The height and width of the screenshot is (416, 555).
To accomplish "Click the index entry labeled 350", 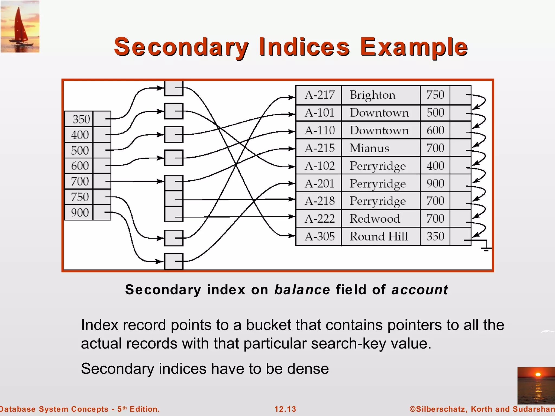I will [81, 119].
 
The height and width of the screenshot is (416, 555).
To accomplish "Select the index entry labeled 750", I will [80, 197].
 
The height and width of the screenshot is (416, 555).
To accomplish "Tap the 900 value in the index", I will [80, 213].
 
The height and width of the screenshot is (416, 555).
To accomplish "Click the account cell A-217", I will [320, 95].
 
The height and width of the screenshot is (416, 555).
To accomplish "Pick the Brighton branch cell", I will [372, 95].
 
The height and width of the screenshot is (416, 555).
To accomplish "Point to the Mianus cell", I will [369, 148].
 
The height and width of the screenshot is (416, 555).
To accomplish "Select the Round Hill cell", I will [378, 236].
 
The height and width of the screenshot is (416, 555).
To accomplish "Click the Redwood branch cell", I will [375, 219].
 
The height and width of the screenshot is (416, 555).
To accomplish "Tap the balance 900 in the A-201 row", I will [435, 184].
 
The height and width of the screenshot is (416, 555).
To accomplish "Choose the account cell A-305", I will [320, 236].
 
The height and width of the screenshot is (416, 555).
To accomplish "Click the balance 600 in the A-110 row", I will [435, 131].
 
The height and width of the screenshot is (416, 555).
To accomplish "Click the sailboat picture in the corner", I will [20, 27].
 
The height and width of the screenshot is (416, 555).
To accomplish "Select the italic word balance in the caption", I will [302, 290].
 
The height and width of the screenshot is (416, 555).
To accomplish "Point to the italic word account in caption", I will [420, 290].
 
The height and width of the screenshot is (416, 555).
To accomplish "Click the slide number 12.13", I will [285, 409].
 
